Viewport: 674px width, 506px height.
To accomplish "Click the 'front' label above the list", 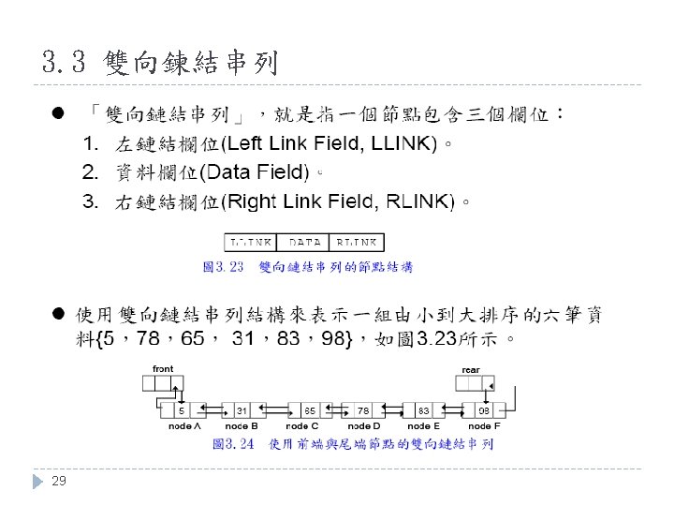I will coord(163,368).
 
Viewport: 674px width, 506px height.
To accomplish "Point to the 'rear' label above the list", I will coord(471,370).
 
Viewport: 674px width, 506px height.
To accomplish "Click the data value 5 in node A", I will coord(181,410).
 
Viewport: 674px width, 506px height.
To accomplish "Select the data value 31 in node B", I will coord(242,410).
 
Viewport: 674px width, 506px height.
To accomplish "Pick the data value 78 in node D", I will coord(363,410).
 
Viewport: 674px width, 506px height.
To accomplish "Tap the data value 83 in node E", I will coord(423,410).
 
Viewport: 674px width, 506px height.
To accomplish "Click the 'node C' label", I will coord(302,426).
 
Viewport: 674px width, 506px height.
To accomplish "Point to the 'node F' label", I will coord(484,426).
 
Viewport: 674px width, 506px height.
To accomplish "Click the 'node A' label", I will coord(184,426).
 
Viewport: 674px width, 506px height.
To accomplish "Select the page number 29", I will coord(59,481).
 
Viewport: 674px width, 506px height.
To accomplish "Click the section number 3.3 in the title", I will coord(64,64).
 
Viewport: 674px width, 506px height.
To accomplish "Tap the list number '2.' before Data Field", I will coord(91,172).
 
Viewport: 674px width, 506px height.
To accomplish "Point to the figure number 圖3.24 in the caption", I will coord(233,443).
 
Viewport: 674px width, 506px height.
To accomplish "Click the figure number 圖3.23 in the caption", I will coord(223,267).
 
